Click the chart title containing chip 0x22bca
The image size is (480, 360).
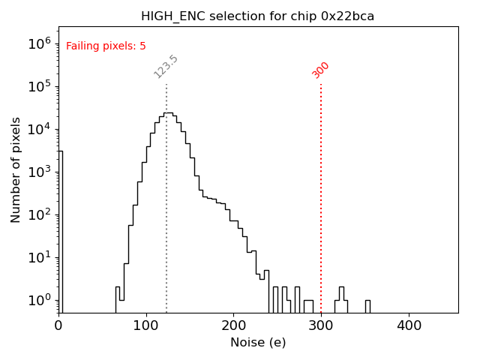pos(257,16)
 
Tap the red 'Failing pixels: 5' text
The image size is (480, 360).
pos(106,46)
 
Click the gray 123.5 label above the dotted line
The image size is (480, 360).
pos(166,67)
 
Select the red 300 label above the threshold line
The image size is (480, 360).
pos(321,70)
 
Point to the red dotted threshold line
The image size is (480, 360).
pos(321,195)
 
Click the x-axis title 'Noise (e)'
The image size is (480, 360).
pos(258,343)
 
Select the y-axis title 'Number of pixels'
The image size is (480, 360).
pos(16,169)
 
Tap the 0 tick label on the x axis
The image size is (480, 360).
pos(58,325)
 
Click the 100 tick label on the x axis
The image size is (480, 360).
pos(146,325)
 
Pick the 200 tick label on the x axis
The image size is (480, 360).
pos(233,325)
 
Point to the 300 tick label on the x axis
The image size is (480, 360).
pos(321,325)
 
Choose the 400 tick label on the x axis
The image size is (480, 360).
pos(409,325)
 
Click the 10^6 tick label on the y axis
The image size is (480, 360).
pos(40,43)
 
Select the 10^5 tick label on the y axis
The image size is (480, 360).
pos(40,85)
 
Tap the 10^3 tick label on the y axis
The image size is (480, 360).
pos(40,172)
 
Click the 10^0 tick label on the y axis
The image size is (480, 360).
pos(40,301)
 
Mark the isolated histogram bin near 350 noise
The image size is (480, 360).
pos(367,306)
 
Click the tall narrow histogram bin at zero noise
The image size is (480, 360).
pos(60,225)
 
